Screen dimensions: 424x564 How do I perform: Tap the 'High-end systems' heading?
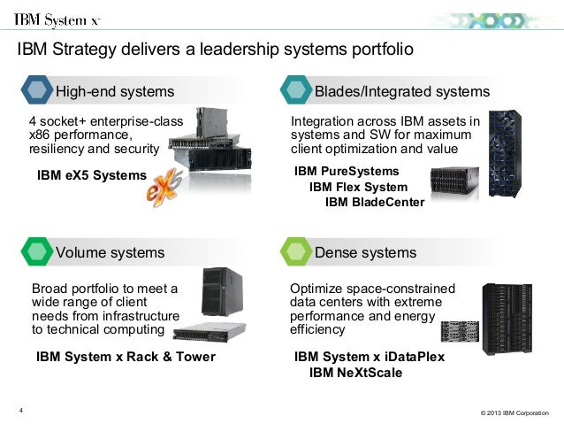[x=115, y=91]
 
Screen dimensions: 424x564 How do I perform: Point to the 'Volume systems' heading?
[x=111, y=252]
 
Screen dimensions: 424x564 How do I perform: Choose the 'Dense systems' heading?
[x=365, y=252]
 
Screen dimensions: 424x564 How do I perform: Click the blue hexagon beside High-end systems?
[x=36, y=91]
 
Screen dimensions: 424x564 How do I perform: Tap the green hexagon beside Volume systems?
[x=36, y=252]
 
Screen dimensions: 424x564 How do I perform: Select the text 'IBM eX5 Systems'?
[x=91, y=175]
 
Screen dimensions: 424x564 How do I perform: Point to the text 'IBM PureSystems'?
[x=347, y=171]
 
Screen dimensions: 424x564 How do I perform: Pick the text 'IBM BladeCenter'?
[x=375, y=203]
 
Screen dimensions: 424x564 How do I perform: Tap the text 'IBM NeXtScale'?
[x=355, y=373]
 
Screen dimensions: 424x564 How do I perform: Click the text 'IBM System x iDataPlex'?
[x=370, y=357]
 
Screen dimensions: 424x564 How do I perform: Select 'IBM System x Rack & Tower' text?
[x=125, y=358]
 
